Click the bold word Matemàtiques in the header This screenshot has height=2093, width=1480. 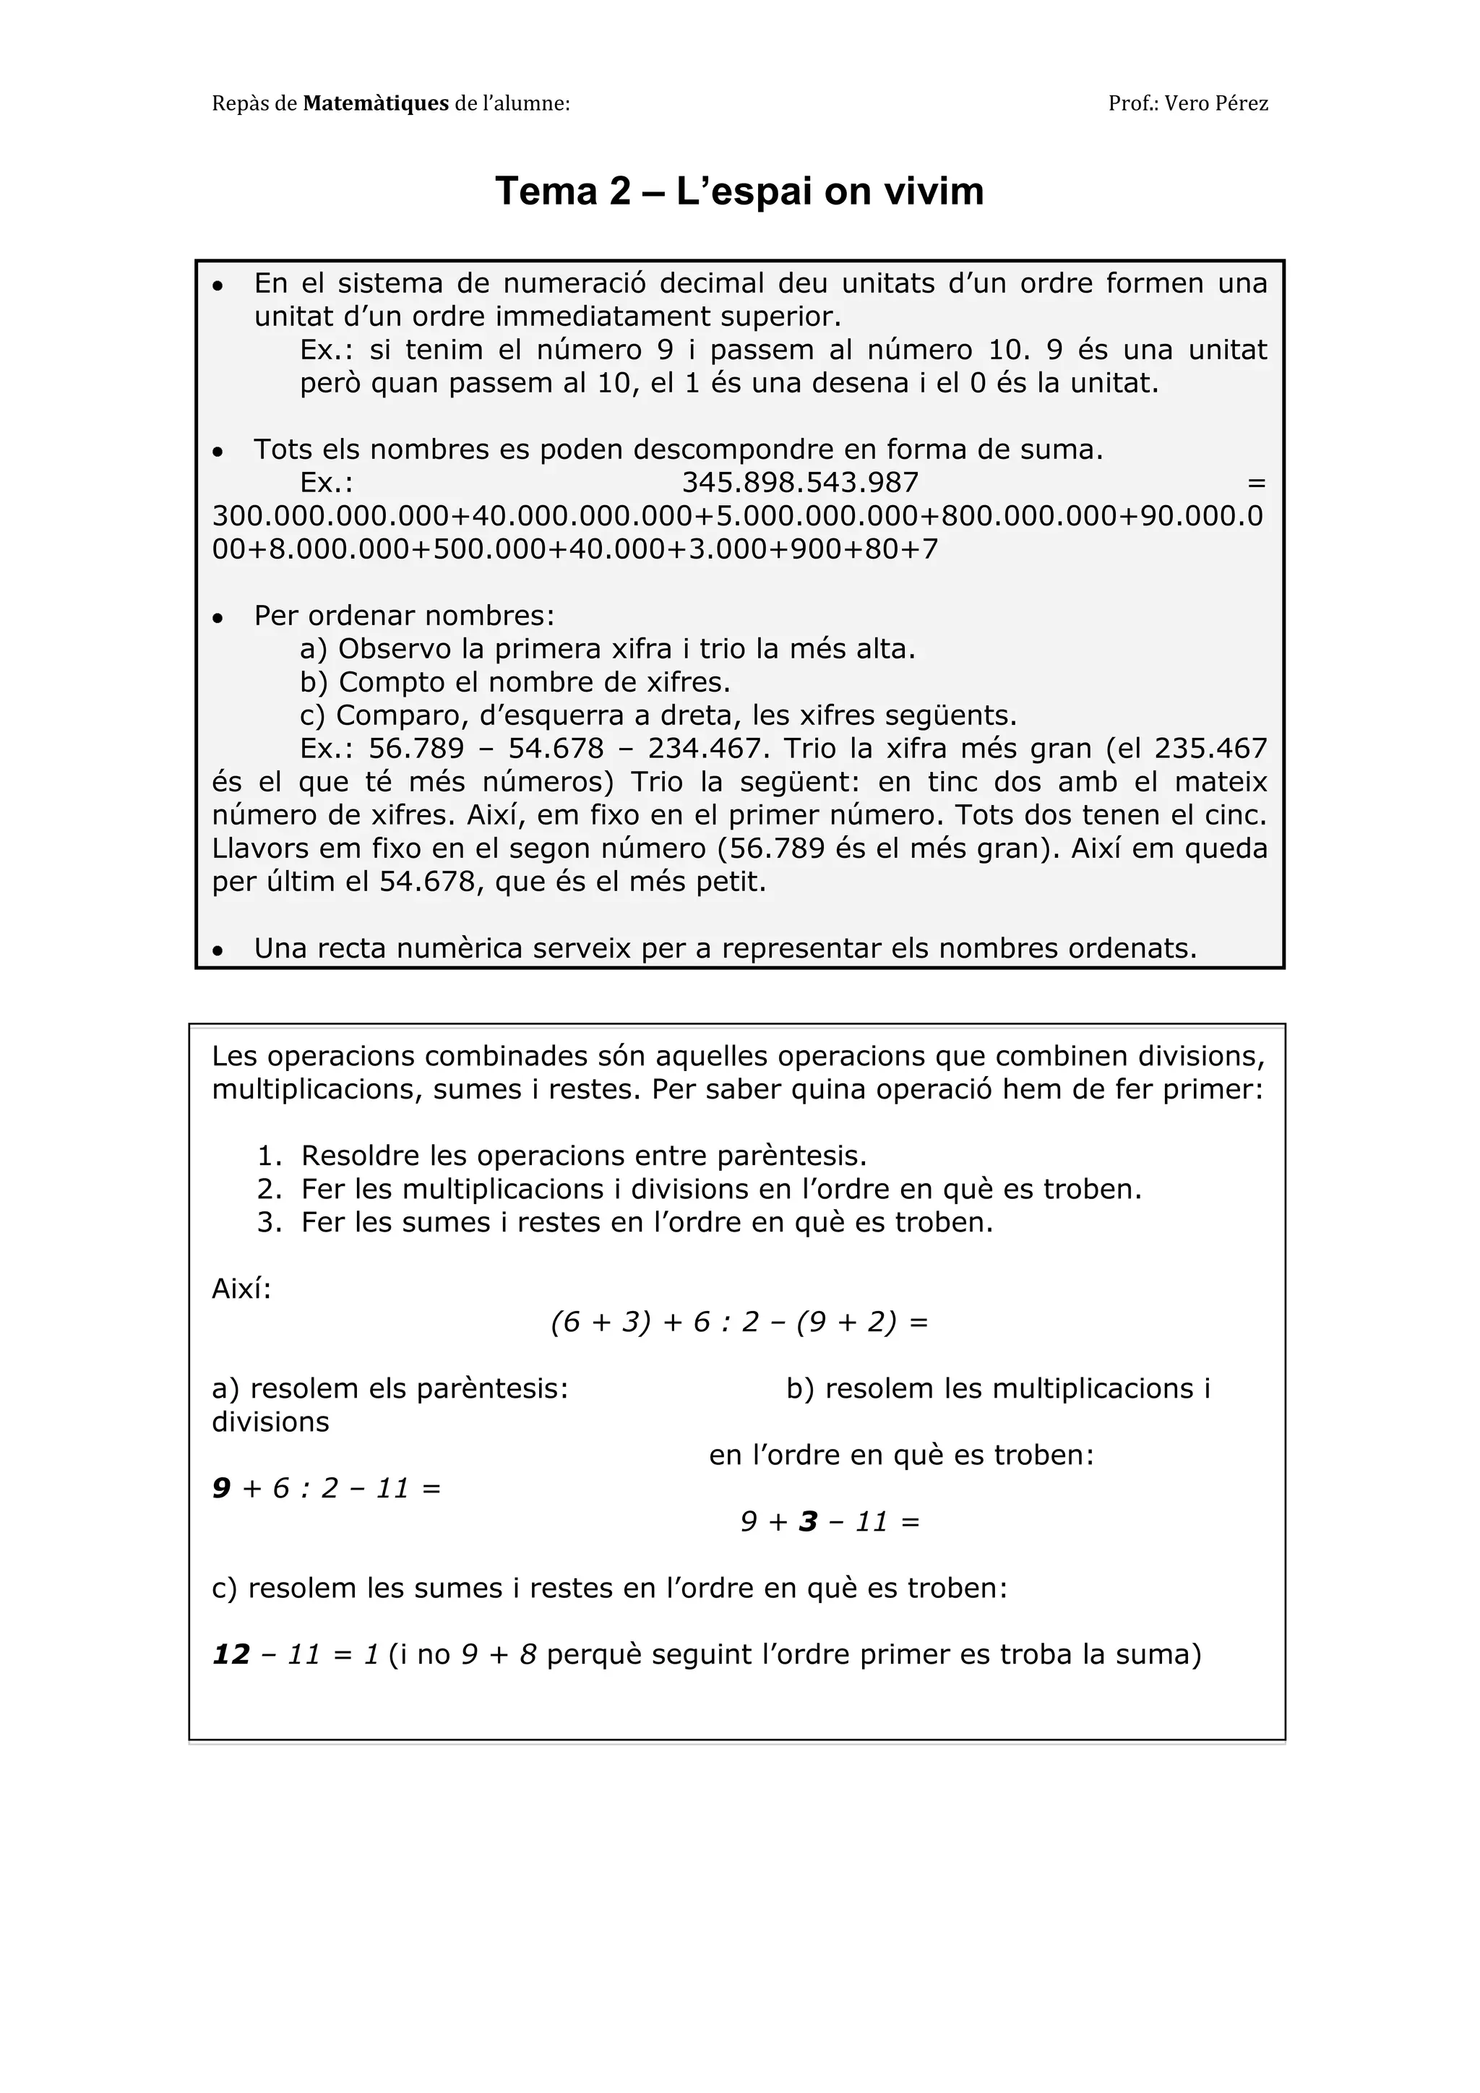(376, 104)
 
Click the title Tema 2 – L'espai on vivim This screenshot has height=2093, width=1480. (739, 192)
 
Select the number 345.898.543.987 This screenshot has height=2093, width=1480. (800, 482)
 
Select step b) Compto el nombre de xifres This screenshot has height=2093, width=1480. (515, 682)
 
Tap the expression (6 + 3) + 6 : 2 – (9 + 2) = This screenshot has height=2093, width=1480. (739, 1322)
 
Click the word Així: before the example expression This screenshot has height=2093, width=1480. (241, 1289)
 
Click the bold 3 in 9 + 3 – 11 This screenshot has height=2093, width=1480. (807, 1521)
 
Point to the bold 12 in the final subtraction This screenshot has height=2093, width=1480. (231, 1654)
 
